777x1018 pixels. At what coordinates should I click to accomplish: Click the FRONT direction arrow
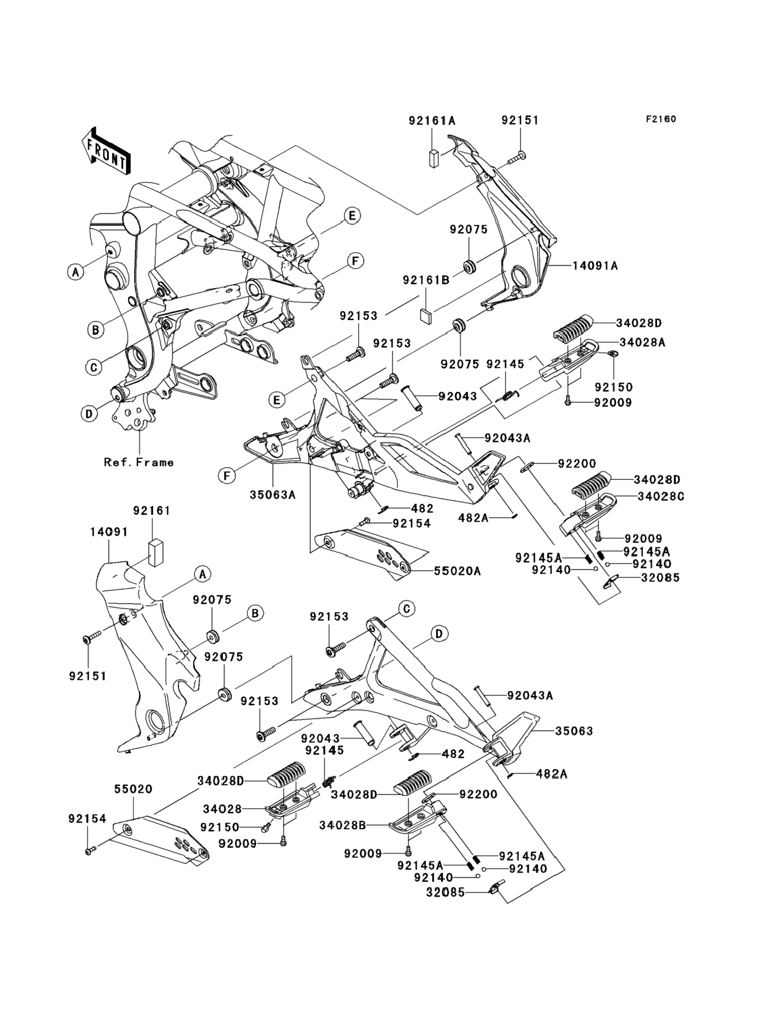tap(106, 151)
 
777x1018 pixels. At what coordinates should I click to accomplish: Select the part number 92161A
tap(432, 121)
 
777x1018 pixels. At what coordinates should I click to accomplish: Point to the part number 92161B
tap(426, 280)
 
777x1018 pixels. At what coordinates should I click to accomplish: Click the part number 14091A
tap(595, 265)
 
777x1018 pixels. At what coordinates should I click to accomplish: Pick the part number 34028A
tap(643, 342)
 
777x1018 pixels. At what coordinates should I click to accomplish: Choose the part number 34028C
tap(660, 497)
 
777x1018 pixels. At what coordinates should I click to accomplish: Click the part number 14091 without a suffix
tap(109, 532)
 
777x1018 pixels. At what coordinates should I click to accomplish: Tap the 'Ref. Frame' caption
tap(139, 462)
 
